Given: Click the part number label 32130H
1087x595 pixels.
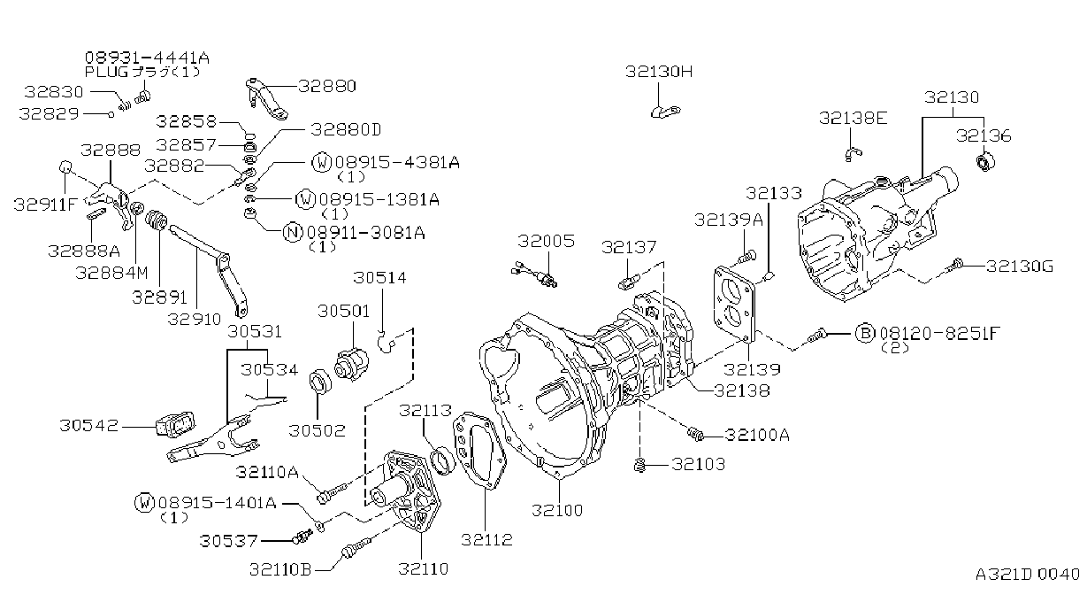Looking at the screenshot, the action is pos(659,72).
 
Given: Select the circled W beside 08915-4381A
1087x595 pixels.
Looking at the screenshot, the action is pos(321,162).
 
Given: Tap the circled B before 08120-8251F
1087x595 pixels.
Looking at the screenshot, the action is pos(864,334).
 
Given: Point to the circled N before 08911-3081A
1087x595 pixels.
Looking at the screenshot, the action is pos(293,233).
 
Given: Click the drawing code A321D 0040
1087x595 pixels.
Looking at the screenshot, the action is pos(1028,574).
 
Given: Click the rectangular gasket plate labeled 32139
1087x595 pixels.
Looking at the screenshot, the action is pos(735,303).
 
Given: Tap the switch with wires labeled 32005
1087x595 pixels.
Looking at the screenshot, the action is pos(534,274).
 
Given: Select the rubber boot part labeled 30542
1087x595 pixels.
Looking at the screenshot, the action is pos(175,425).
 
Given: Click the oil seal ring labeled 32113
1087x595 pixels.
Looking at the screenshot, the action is pos(442,460).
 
